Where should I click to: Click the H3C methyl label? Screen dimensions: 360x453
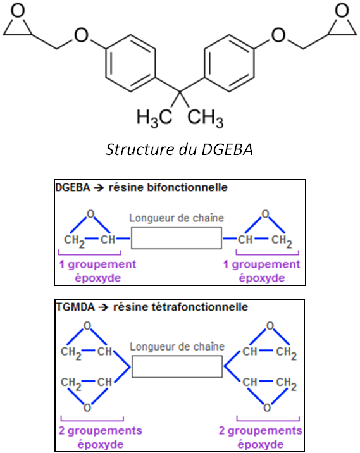(x=154, y=118)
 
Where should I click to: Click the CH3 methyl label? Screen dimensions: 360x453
(x=206, y=118)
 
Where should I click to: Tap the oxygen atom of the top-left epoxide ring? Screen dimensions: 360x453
(x=18, y=11)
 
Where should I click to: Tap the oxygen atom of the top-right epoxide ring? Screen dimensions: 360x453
(x=342, y=11)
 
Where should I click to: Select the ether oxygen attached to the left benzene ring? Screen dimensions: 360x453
(x=81, y=35)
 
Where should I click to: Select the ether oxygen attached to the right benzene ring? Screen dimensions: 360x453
(x=278, y=35)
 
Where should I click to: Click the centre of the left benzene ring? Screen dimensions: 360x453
(x=130, y=63)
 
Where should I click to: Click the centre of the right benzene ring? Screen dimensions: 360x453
(x=230, y=63)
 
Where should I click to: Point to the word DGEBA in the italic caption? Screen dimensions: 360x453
(x=227, y=149)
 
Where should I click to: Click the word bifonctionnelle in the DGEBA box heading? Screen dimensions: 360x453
(x=187, y=187)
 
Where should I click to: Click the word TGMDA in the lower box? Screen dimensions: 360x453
(x=75, y=307)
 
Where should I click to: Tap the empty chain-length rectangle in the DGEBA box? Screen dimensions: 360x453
(x=177, y=238)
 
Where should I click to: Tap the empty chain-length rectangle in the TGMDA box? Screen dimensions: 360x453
(x=177, y=366)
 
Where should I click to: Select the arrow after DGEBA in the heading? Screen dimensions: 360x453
(x=99, y=188)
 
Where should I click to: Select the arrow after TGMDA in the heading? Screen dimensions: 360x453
(x=103, y=307)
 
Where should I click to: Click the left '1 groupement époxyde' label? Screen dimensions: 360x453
(x=97, y=271)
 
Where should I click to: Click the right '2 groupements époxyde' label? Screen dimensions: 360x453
(x=260, y=437)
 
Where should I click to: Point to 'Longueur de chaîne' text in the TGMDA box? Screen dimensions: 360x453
(x=177, y=347)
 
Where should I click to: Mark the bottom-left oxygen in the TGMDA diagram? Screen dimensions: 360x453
(x=87, y=407)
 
